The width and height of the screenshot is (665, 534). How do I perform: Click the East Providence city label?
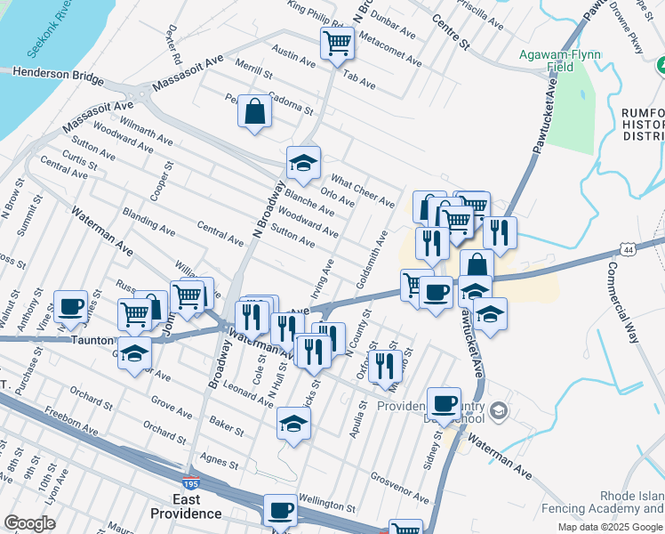(x=185, y=506)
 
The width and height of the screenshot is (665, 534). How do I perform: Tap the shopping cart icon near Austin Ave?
(x=338, y=42)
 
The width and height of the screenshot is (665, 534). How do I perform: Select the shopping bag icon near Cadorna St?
(x=255, y=111)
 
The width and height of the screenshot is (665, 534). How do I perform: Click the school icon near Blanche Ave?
(x=303, y=163)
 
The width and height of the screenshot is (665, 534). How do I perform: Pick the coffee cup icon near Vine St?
(x=71, y=306)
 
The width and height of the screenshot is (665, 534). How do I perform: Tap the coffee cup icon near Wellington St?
(x=280, y=510)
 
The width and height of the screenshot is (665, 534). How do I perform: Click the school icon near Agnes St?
(x=293, y=423)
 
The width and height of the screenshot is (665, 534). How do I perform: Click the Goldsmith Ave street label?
(x=371, y=259)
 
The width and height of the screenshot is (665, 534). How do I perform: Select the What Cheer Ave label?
(x=363, y=190)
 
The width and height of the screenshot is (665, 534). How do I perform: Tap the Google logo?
(x=29, y=524)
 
